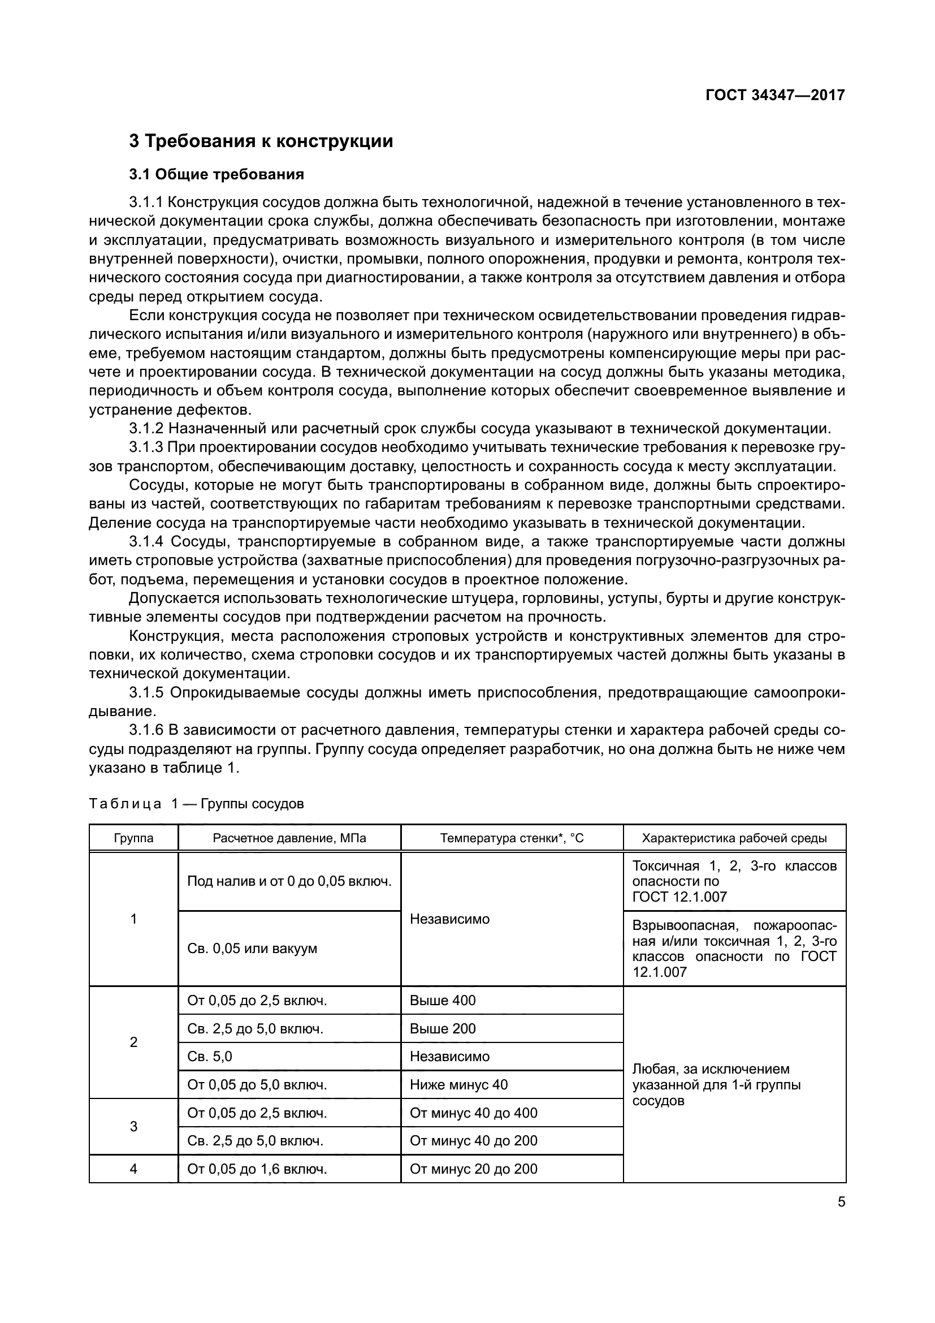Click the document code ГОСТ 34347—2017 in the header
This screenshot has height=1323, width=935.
[x=775, y=95]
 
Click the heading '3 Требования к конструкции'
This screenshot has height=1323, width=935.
[x=261, y=141]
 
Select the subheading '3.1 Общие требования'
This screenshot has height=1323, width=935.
[x=217, y=174]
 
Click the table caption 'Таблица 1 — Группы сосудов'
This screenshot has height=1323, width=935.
[x=196, y=804]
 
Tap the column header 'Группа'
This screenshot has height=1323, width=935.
[x=133, y=838]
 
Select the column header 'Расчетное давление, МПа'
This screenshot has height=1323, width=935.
[x=289, y=838]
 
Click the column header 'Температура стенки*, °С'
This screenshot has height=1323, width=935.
[x=511, y=838]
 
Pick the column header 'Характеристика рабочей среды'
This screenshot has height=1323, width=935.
[x=734, y=838]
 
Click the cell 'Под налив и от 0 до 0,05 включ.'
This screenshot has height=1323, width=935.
[x=289, y=881]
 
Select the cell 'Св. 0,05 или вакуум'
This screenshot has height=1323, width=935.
[x=252, y=949]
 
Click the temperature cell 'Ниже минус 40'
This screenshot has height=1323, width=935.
[x=458, y=1084]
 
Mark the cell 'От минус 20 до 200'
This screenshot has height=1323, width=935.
[x=473, y=1169]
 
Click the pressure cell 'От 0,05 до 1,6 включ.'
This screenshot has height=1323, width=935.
[x=257, y=1169]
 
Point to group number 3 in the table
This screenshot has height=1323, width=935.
[x=133, y=1127]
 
